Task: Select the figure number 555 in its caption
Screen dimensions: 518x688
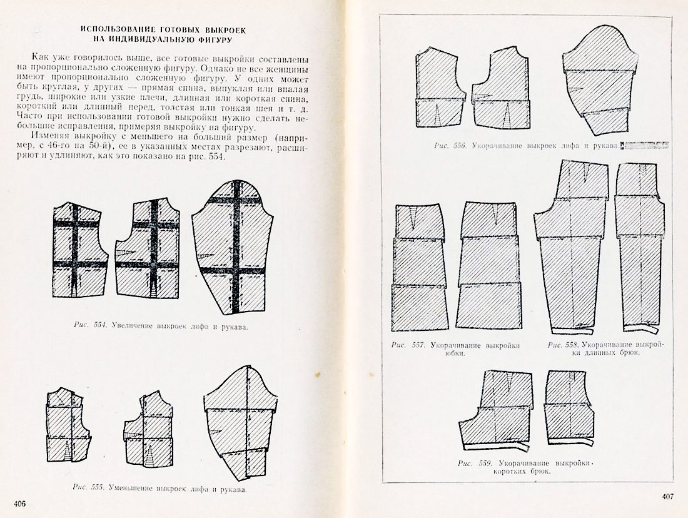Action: [98, 487]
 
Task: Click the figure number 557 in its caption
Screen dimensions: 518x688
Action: [418, 345]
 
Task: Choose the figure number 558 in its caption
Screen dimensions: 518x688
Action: [570, 345]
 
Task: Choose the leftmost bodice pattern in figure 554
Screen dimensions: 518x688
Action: [78, 250]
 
